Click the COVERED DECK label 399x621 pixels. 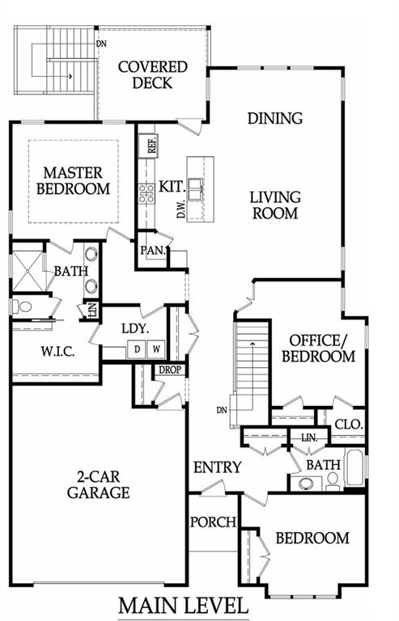tap(152, 75)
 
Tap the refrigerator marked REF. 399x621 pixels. tap(148, 145)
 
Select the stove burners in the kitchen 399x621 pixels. tap(146, 194)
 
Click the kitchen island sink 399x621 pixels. tap(196, 189)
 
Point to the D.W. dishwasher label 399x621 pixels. tap(181, 209)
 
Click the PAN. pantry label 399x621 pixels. tap(153, 251)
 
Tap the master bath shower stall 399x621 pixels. tap(28, 272)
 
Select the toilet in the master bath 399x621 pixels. tap(22, 306)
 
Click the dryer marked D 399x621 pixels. tap(137, 349)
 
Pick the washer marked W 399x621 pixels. tap(156, 349)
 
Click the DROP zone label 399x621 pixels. tap(170, 370)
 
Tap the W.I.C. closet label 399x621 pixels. tap(57, 351)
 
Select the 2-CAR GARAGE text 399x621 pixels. tap(98, 484)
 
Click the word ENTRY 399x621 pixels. tap(217, 467)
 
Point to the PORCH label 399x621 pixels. tap(213, 522)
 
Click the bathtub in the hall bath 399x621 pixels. tap(354, 467)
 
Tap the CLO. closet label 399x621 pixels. tap(349, 425)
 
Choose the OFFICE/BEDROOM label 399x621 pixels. tap(319, 349)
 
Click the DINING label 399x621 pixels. tap(275, 118)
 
